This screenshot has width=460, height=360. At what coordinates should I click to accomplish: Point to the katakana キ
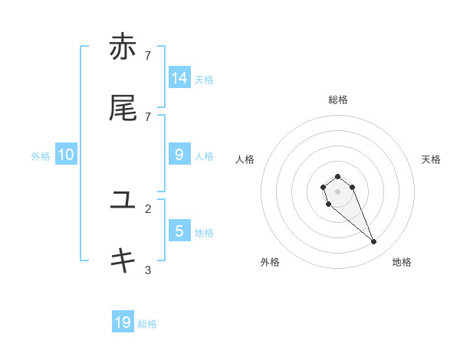click(123, 261)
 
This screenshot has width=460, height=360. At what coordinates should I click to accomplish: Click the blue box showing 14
click(179, 77)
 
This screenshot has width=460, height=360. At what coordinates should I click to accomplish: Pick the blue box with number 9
click(179, 154)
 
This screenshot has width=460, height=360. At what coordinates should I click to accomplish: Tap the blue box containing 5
click(179, 231)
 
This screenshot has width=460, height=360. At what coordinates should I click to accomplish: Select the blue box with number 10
click(66, 155)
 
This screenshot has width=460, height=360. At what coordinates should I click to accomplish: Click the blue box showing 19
click(123, 322)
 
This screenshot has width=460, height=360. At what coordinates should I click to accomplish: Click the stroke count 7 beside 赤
click(148, 55)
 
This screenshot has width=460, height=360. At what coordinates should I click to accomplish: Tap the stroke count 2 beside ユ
click(148, 208)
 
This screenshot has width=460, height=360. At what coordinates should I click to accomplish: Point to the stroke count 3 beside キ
click(148, 270)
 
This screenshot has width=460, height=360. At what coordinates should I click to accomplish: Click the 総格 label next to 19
click(147, 324)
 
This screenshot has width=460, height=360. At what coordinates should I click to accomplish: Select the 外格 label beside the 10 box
click(41, 156)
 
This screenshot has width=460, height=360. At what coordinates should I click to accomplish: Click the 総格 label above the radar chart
click(338, 100)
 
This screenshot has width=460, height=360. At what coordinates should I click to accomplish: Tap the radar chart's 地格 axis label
click(402, 262)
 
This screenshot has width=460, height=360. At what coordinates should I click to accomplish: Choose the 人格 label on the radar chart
click(245, 159)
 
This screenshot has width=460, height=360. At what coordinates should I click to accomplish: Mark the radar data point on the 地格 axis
click(374, 242)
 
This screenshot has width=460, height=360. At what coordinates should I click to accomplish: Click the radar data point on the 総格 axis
click(337, 176)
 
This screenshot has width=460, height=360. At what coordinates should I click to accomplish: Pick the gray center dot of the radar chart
click(337, 191)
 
